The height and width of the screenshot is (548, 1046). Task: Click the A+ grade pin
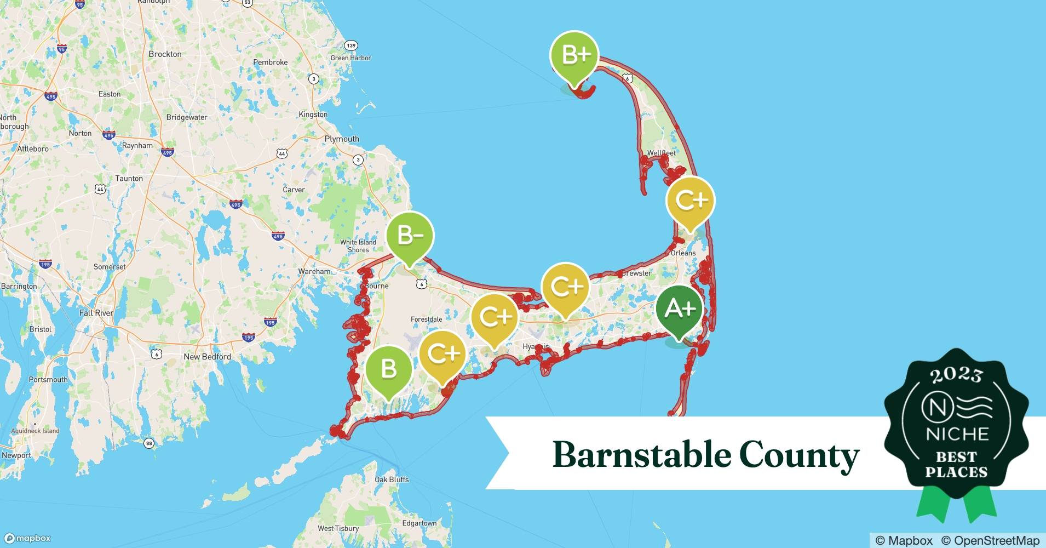[679, 310]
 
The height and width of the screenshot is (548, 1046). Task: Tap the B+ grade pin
[574, 55]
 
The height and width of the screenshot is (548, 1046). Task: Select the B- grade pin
[410, 236]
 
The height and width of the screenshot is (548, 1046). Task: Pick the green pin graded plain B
[388, 368]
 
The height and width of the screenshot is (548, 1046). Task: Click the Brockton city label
[165, 54]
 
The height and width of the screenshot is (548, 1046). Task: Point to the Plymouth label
[342, 139]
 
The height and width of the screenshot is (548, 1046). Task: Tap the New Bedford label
[207, 357]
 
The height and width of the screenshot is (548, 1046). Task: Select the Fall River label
[96, 313]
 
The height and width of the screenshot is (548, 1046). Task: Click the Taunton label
[129, 179]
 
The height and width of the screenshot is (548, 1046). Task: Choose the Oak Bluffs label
[392, 480]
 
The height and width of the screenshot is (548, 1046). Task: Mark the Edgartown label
[419, 523]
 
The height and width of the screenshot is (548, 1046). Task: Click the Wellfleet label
[661, 153]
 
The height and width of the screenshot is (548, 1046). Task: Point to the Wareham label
[314, 271]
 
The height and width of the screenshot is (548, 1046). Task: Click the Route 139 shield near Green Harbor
[351, 45]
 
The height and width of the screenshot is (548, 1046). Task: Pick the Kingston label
[313, 115]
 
